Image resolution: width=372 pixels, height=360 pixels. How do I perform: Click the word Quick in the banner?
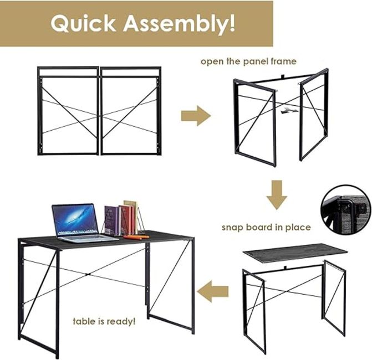tap(83, 24)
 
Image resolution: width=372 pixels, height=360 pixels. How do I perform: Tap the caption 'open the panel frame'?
tap(248, 61)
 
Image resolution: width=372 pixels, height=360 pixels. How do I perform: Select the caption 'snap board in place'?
tap(266, 227)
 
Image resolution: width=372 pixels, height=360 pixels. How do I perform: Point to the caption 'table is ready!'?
tap(104, 322)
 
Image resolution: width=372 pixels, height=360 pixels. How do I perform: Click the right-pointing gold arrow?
tap(196, 116)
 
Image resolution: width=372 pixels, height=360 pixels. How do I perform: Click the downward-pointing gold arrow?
tap(277, 195)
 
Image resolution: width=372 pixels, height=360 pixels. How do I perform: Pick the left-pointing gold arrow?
tap(212, 291)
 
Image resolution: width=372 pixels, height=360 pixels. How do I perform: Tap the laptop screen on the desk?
tap(75, 219)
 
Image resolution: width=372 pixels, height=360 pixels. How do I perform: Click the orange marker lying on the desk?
tap(136, 236)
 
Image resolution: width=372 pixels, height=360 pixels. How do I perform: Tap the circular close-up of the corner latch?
tap(346, 210)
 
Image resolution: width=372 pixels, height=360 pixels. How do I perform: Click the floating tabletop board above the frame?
tap(295, 253)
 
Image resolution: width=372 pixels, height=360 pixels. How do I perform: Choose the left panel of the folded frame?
tap(68, 111)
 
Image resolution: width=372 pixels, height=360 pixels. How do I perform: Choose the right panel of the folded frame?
tap(131, 111)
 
